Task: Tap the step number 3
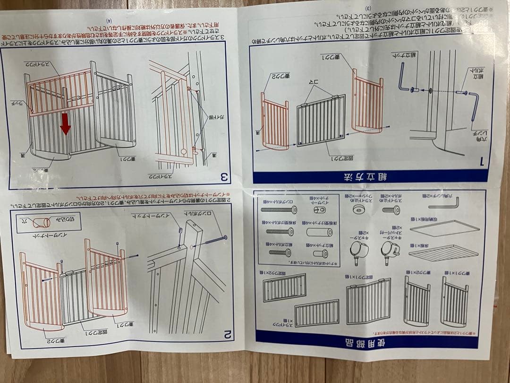pos(225,177)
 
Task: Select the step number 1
pos(482,161)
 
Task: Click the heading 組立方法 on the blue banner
pos(371,176)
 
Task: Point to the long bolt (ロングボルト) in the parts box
pos(278,209)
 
